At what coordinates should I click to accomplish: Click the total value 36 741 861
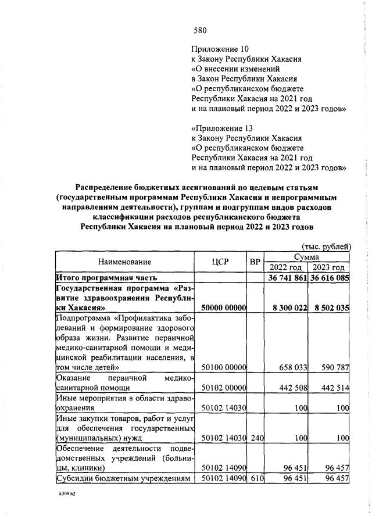tap(287, 278)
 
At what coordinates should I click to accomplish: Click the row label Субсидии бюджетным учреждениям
tap(123, 478)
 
